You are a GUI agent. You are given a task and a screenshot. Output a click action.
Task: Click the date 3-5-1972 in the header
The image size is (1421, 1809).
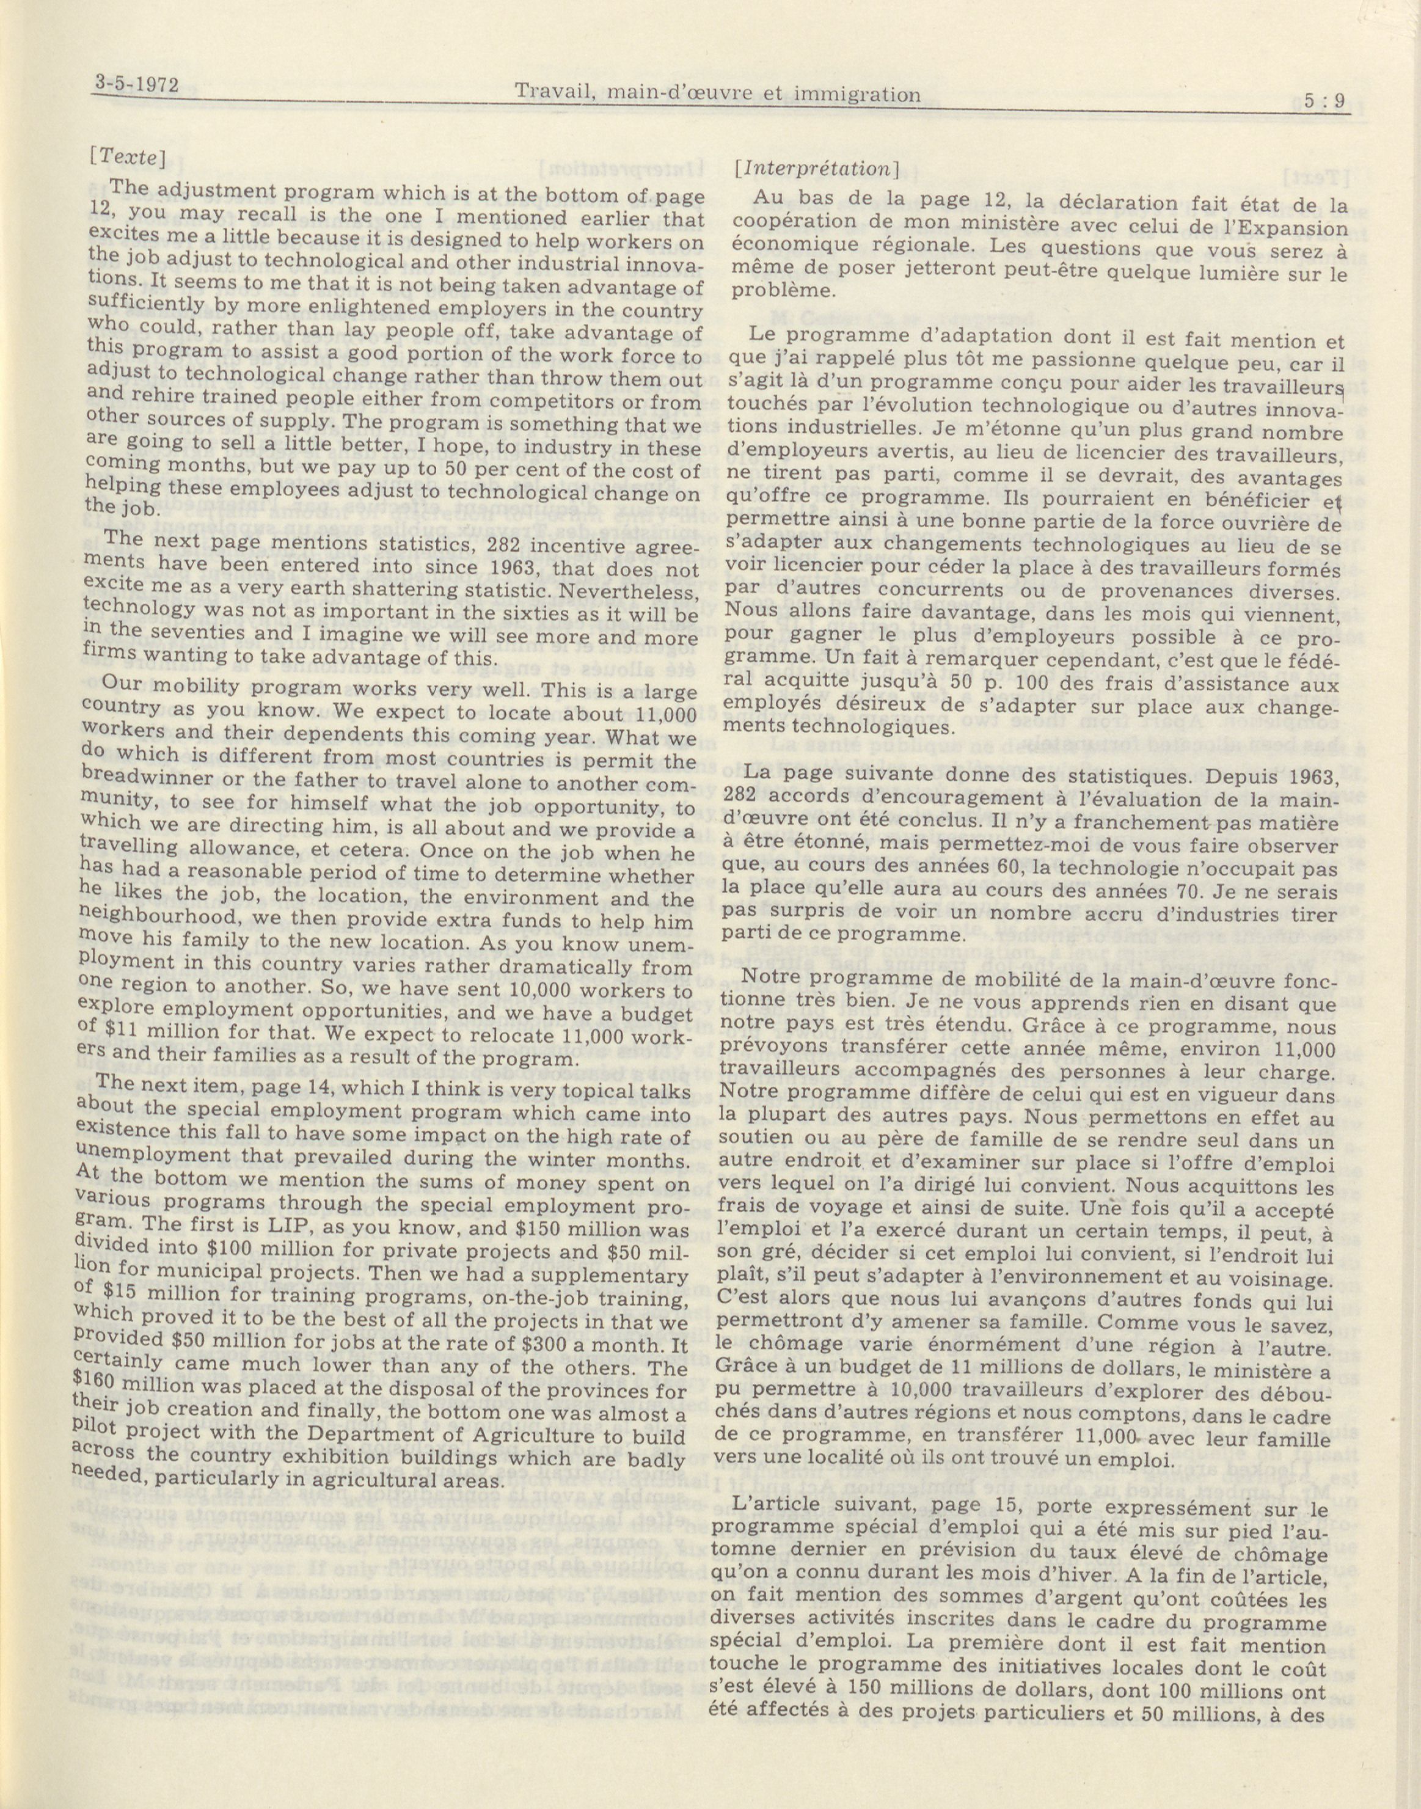138,85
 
